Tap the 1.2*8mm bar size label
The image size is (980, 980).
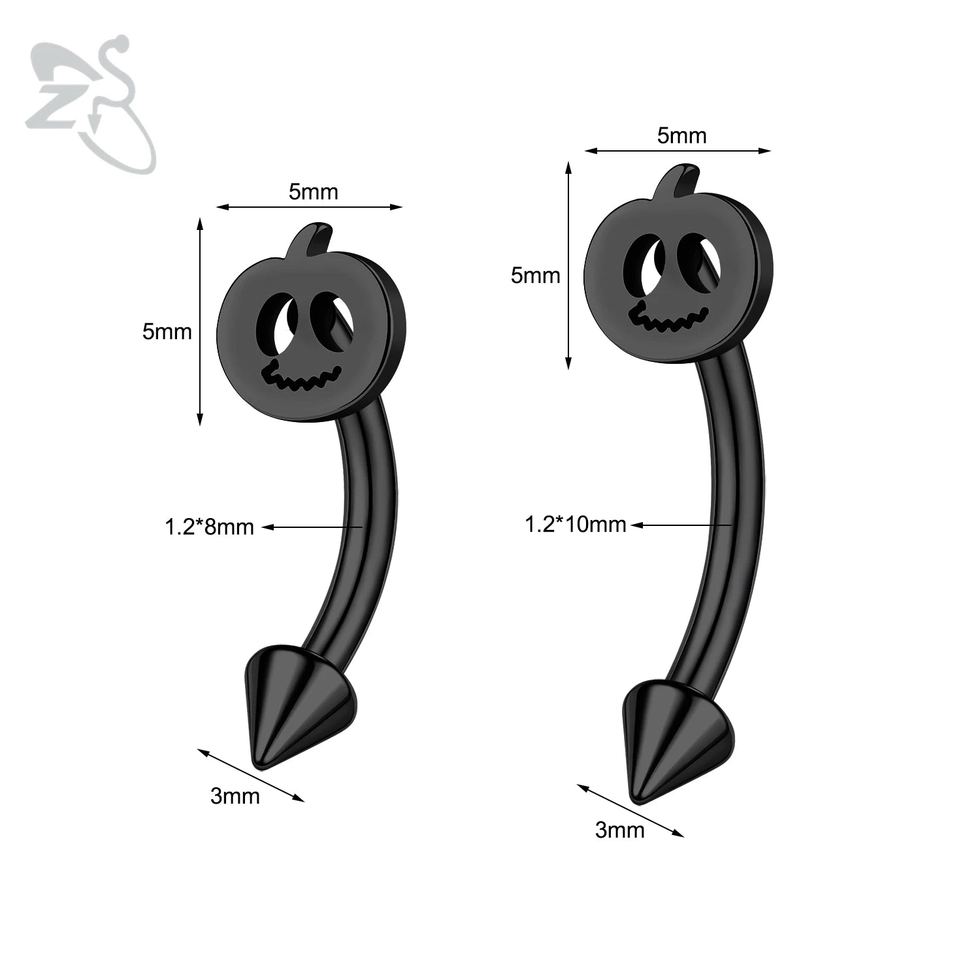[209, 527]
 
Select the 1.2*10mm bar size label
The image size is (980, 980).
[576, 524]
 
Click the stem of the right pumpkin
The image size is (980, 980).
[679, 180]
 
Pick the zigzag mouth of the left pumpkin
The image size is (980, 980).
[301, 379]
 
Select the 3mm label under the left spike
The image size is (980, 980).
[235, 796]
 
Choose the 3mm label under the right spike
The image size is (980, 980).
[619, 830]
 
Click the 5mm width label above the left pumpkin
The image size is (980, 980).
[314, 191]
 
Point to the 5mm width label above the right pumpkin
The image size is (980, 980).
[681, 135]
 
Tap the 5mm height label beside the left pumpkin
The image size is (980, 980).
[167, 331]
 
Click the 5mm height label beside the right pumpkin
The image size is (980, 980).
[535, 275]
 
